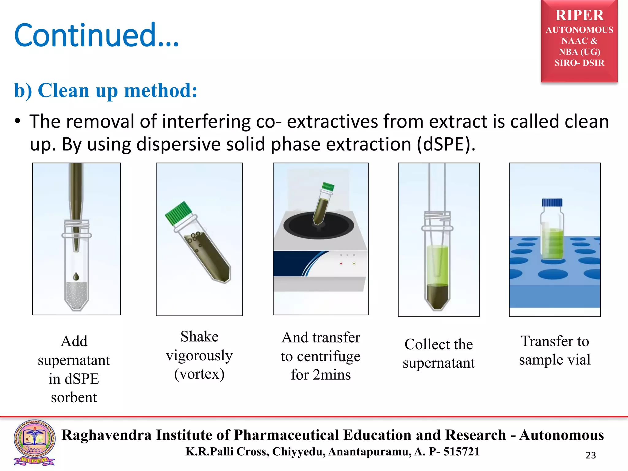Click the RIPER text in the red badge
click(579, 15)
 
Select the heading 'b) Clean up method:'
click(106, 90)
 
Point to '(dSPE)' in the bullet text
click(446, 144)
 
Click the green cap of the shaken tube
click(179, 213)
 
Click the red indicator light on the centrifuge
click(341, 263)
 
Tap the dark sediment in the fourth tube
click(438, 296)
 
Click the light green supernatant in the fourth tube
click(438, 264)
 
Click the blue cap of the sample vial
click(552, 202)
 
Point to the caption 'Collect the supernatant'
click(438, 354)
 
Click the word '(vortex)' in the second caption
click(199, 374)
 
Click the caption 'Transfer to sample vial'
click(555, 350)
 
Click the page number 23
click(591, 455)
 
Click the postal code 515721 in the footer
click(461, 452)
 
